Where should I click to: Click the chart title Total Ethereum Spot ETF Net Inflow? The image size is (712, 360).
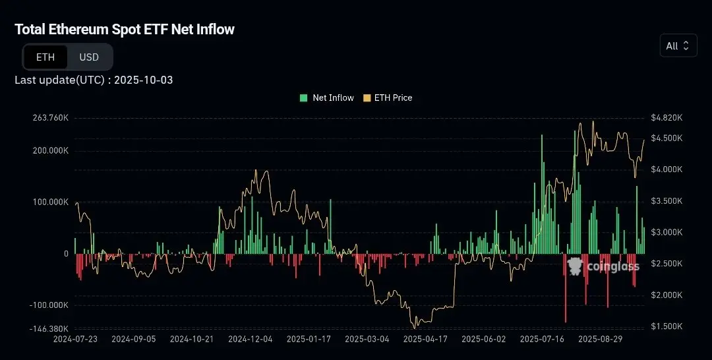pos(125,29)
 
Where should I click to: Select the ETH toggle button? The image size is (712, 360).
pos(45,57)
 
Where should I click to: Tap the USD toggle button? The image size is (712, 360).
pos(89,57)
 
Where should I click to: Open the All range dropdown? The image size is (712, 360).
pos(678,45)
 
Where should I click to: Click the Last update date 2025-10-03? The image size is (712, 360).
pos(144,80)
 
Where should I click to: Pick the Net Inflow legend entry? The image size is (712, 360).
pos(327,98)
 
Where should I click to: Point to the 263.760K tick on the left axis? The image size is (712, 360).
pos(50,118)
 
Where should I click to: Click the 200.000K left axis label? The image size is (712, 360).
pos(50,150)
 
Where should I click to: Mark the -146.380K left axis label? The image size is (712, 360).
pos(49,328)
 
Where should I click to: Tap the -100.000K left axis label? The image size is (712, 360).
pos(49,305)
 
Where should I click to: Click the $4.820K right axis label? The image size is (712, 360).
pos(666,118)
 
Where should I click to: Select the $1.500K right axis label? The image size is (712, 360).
pos(666,326)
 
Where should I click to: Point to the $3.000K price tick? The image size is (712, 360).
pos(666,232)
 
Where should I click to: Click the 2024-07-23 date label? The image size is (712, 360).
pos(75,339)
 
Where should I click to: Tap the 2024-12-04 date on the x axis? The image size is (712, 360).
pos(250,339)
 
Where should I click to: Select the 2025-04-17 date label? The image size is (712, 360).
pos(425,339)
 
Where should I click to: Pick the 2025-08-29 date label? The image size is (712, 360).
pos(600,339)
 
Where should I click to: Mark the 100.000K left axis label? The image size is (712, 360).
pos(50,202)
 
